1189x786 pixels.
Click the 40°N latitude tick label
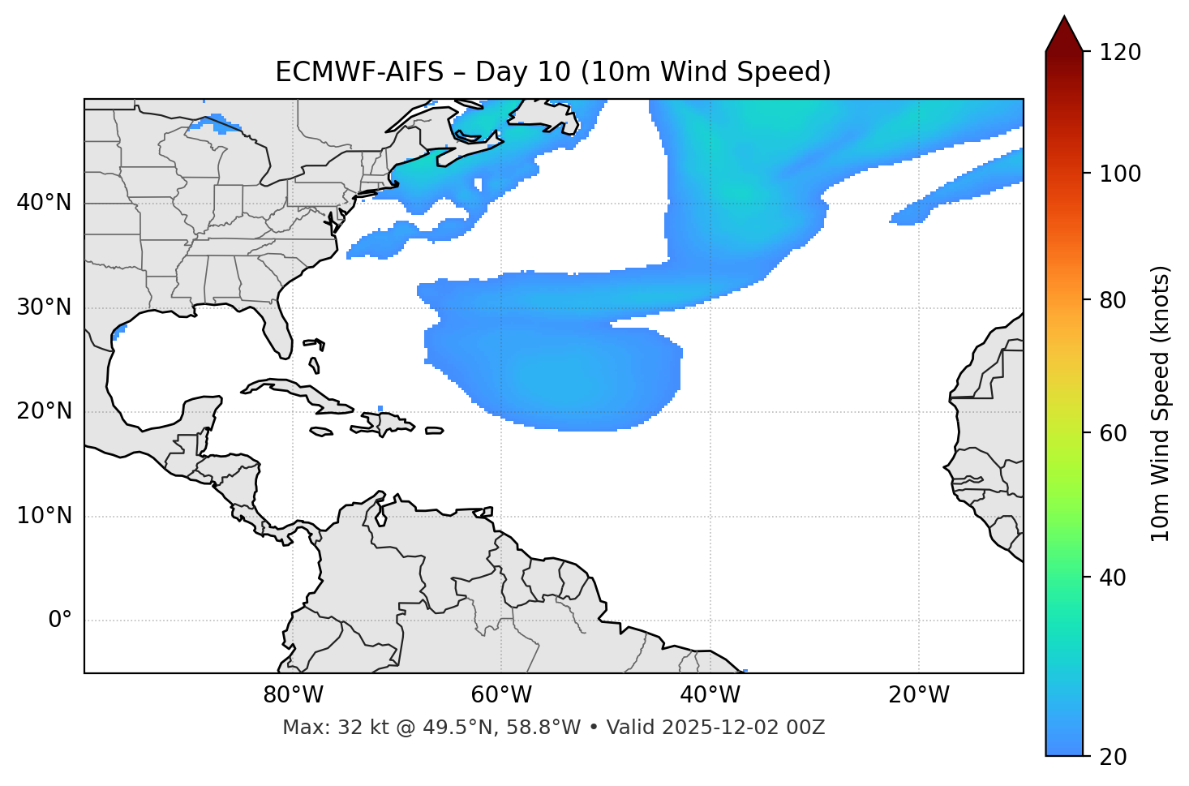(x=44, y=203)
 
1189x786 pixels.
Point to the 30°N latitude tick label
(x=44, y=307)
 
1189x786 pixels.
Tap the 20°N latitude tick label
(x=44, y=411)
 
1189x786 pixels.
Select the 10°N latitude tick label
(x=44, y=516)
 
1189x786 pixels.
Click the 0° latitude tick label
(x=60, y=621)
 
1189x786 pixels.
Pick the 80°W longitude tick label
(x=293, y=695)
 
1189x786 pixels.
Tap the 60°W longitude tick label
(x=501, y=695)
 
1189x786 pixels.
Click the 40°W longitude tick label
(x=710, y=695)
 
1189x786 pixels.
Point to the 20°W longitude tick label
(x=919, y=695)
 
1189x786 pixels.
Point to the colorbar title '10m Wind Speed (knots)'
(x=1161, y=403)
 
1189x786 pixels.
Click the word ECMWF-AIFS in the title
(x=359, y=72)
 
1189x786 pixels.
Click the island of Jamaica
(x=321, y=432)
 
